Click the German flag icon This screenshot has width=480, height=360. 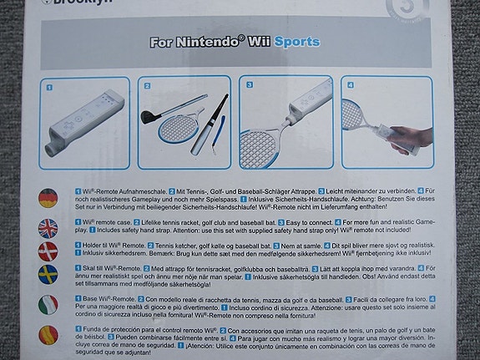pyautogui.click(x=48, y=198)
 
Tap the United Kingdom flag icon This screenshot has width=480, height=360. pyautogui.click(x=48, y=227)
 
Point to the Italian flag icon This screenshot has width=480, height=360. pyautogui.click(x=48, y=305)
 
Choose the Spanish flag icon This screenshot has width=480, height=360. pyautogui.click(x=48, y=337)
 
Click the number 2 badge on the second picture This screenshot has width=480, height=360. pyautogui.click(x=148, y=84)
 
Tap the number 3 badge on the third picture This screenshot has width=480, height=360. pyautogui.click(x=247, y=84)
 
